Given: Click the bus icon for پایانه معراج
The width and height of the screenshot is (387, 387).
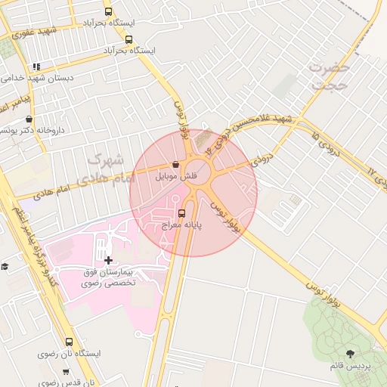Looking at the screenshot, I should point(180,212).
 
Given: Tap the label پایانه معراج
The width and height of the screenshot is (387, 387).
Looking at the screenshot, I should point(181,225).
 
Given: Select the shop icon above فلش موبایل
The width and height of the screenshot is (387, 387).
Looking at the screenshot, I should point(176,164).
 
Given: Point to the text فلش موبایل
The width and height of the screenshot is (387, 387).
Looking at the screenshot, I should point(177,176).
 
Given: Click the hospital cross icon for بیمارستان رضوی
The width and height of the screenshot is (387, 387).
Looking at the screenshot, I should point(108,260).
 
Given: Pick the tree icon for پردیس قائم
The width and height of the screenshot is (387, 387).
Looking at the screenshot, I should point(349,353).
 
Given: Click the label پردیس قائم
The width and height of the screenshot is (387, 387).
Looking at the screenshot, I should point(349,366).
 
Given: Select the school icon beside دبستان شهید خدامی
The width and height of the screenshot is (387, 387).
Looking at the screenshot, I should point(36,67).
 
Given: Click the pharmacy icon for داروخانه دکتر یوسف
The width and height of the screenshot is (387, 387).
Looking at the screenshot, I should point(29,119).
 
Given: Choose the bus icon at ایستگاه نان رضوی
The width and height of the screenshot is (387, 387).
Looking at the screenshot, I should point(70,342).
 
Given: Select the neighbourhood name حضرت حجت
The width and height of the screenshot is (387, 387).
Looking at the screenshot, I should point(330,76).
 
